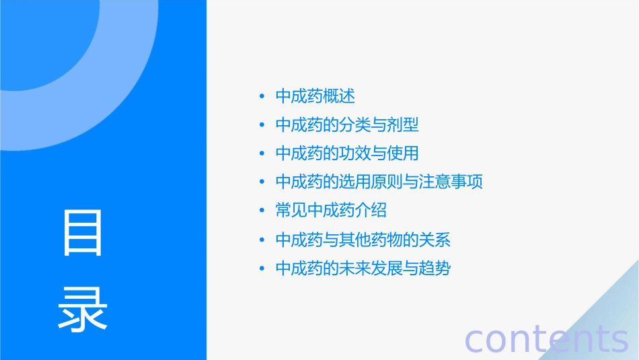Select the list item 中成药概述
[315, 96]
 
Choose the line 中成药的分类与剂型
[347, 125]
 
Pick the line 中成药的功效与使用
[347, 153]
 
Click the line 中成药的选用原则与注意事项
[379, 182]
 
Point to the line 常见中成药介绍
[331, 211]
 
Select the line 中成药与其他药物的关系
[363, 240]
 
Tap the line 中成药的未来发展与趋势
[363, 268]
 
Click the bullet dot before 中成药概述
[262, 97]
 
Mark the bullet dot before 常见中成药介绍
[262, 211]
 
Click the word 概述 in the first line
[339, 96]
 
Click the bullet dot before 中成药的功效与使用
[262, 154]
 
